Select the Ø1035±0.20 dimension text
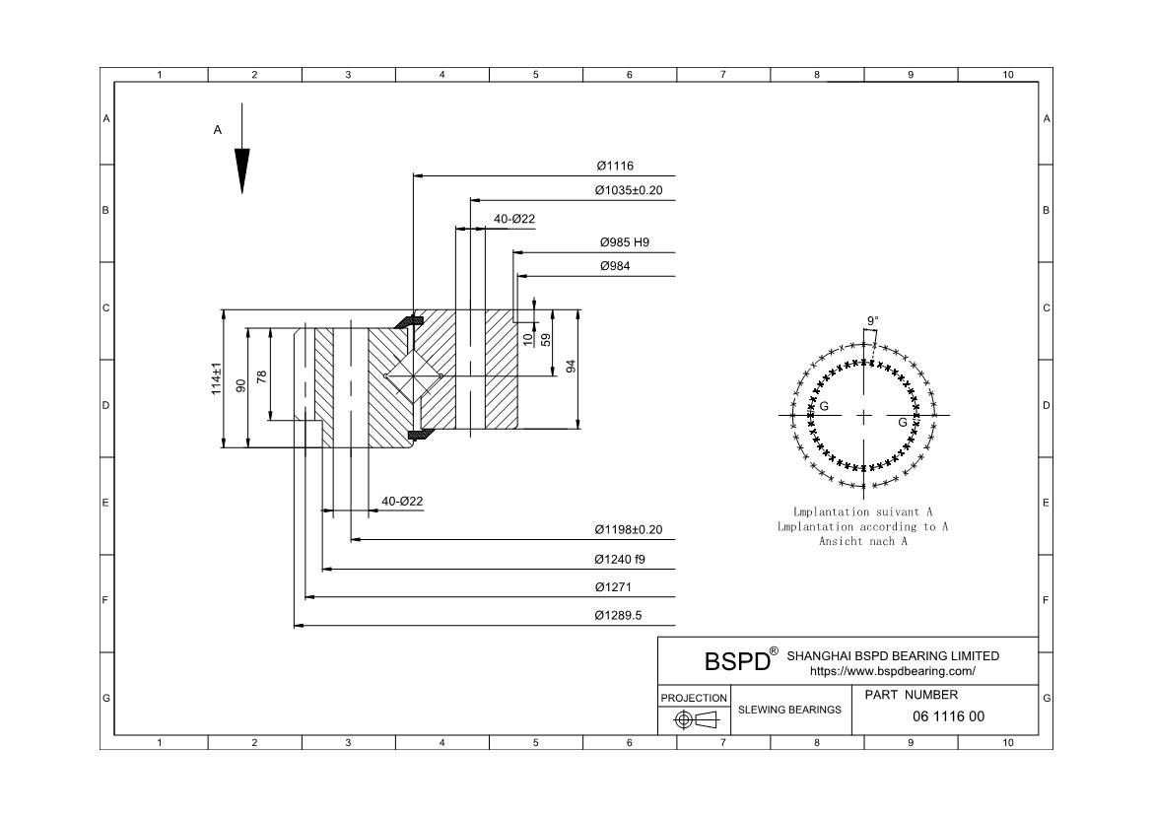coord(629,190)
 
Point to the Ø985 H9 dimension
coord(625,241)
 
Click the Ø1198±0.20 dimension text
coord(629,529)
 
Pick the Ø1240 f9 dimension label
coord(620,559)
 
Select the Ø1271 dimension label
coord(613,587)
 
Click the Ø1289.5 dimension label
coord(618,616)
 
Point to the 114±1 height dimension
coord(216,379)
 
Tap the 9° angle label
coord(873,320)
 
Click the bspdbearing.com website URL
coord(893,671)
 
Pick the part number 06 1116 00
coord(949,716)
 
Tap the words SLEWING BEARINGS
coord(790,710)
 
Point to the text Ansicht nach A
coord(862,541)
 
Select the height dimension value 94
coord(571,367)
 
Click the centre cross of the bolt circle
coord(864,416)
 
